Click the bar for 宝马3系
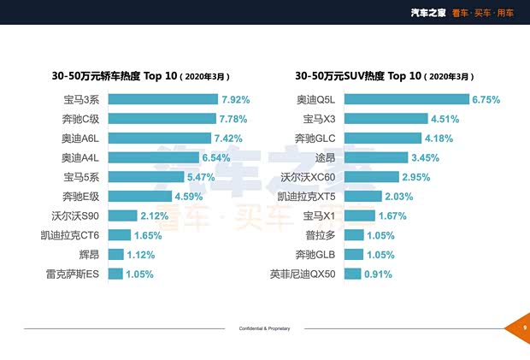click(x=162, y=99)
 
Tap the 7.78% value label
click(x=234, y=119)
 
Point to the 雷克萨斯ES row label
click(x=73, y=274)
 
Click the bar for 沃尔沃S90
click(x=122, y=215)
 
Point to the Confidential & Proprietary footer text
click(x=265, y=328)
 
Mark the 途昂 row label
click(x=325, y=157)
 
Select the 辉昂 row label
click(x=90, y=254)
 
